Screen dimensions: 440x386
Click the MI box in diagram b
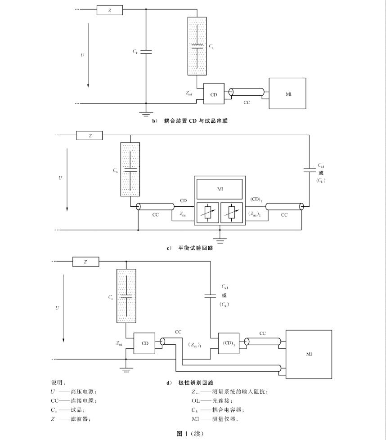(288, 93)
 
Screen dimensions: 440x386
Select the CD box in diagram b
(214, 94)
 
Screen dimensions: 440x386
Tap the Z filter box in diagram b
(109, 10)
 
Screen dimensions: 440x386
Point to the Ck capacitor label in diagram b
(135, 52)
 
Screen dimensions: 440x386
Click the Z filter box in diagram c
(90, 135)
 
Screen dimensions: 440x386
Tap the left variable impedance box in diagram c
(207, 212)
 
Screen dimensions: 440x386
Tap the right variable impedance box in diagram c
(232, 212)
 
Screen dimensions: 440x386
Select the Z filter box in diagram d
(85, 262)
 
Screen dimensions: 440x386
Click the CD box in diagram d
(145, 343)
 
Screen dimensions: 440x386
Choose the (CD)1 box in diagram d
(228, 343)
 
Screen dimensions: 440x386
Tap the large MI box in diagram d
(309, 354)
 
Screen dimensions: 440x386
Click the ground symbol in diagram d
(126, 369)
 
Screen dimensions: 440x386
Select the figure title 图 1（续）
(191, 433)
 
